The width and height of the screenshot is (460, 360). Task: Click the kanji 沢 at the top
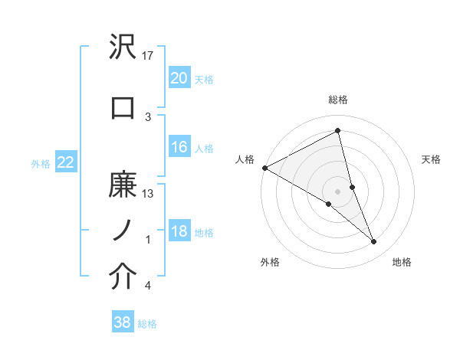(x=123, y=48)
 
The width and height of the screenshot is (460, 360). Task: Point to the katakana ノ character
(x=123, y=230)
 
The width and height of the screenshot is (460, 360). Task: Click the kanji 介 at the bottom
(x=123, y=279)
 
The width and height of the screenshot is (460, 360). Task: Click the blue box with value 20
(x=179, y=78)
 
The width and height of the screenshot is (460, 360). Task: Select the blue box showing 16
(x=179, y=148)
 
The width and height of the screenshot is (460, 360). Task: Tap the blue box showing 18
(x=179, y=232)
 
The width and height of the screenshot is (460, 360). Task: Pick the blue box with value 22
(x=66, y=162)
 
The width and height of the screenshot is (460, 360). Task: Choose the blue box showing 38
(x=123, y=322)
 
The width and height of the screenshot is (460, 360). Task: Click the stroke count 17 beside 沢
(x=148, y=56)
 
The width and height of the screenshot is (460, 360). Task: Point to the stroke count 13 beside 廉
(x=148, y=194)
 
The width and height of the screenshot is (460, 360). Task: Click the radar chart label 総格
(x=337, y=100)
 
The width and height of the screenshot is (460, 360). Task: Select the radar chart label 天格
(x=431, y=159)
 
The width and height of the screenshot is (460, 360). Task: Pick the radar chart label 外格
(x=270, y=262)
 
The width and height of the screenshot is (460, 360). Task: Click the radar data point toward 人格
(x=264, y=168)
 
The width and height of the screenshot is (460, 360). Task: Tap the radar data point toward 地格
(x=374, y=241)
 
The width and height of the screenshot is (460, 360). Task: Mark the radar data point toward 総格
(x=337, y=131)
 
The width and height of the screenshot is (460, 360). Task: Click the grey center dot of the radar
(x=337, y=190)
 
